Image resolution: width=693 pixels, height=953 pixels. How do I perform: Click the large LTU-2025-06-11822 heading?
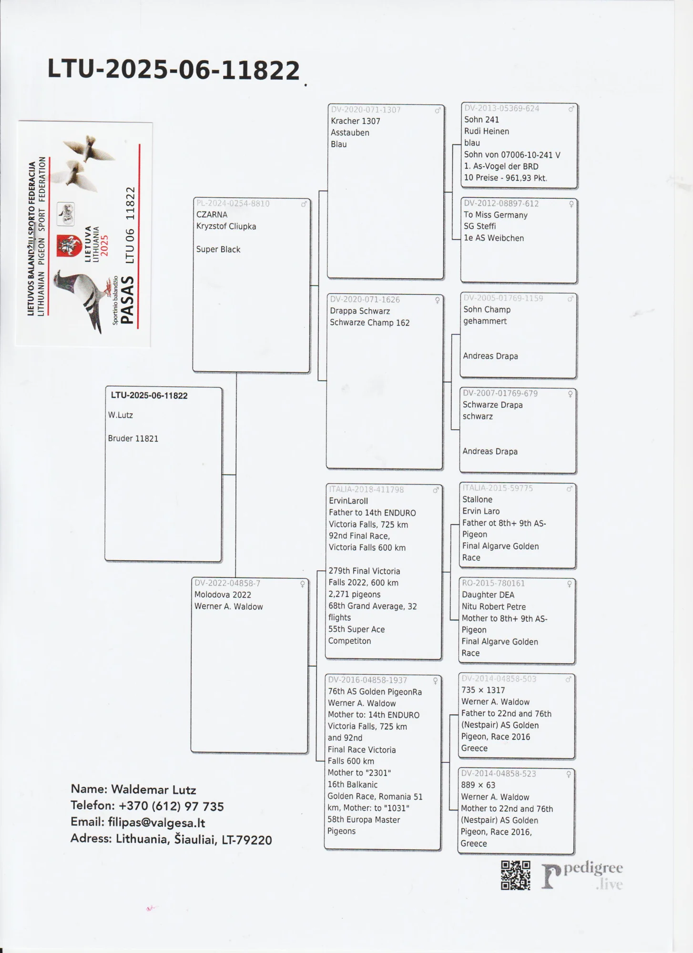point(173,70)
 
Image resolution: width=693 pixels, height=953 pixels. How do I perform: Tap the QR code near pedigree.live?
point(515,875)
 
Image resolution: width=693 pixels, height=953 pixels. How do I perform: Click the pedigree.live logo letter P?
point(551,876)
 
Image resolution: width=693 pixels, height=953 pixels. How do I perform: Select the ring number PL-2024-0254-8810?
point(233,203)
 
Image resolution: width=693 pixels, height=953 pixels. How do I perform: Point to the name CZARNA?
point(212,215)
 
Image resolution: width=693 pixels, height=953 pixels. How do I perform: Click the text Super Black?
point(218,249)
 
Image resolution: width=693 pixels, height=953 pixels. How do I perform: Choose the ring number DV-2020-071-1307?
point(366,110)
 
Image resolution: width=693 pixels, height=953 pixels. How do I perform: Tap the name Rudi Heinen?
point(487,131)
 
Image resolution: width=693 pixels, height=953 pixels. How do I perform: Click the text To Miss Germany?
point(496,215)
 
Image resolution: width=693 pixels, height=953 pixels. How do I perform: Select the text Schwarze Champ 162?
point(369,323)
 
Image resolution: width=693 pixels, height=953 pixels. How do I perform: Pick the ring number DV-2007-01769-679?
point(500,393)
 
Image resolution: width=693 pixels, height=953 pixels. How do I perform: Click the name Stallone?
point(477,499)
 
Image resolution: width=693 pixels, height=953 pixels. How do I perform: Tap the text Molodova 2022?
point(223,595)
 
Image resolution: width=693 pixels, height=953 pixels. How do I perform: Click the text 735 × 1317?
point(483,690)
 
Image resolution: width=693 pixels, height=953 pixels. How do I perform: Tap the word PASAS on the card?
point(127,301)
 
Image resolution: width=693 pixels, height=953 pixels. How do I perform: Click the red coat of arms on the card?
point(69,246)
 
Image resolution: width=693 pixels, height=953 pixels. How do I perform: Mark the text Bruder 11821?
point(133,438)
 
